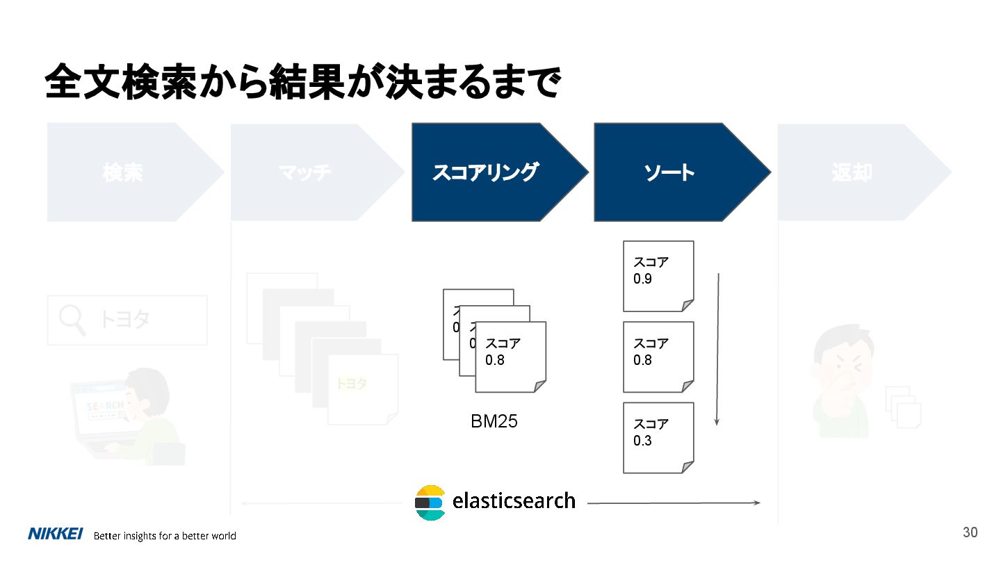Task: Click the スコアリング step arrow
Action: [x=487, y=172]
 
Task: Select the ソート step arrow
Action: [x=671, y=172]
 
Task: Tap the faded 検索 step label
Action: [x=123, y=172]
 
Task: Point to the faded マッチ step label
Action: [x=305, y=172]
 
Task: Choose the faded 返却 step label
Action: [x=852, y=172]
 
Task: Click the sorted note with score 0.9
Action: [x=658, y=276]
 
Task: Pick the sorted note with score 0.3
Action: [x=658, y=437]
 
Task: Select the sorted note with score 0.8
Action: [x=658, y=357]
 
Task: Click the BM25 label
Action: [x=494, y=421]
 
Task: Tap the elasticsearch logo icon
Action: [x=430, y=502]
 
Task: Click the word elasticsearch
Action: [x=514, y=500]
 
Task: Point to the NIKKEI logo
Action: [x=56, y=534]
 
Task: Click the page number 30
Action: [x=970, y=532]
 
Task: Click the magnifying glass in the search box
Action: [x=72, y=320]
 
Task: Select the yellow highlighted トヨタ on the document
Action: [x=352, y=384]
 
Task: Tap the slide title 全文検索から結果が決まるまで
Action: [x=302, y=83]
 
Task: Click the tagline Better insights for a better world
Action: [x=165, y=536]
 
